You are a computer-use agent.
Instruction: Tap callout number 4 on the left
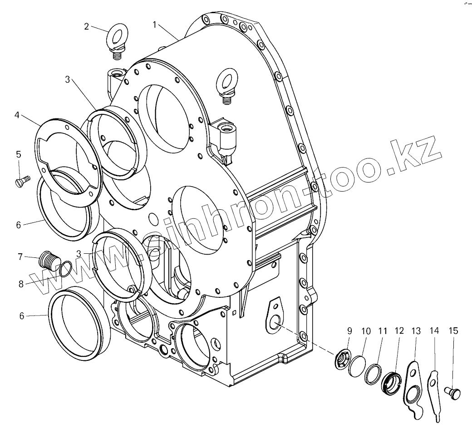[17, 115]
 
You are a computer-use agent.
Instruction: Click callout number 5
[19, 154]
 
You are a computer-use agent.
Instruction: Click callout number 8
[21, 285]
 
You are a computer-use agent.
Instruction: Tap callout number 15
[453, 331]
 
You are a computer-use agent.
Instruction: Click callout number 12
[399, 331]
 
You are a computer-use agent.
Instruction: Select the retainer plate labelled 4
[68, 159]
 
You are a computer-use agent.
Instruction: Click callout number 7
[20, 257]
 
